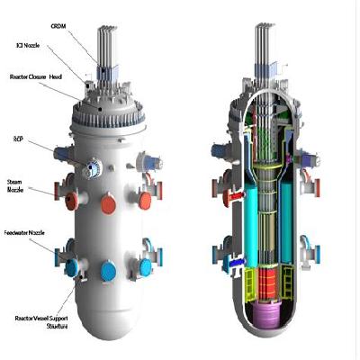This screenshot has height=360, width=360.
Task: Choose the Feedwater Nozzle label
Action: point(26,233)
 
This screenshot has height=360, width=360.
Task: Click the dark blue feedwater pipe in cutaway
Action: point(236,262)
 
